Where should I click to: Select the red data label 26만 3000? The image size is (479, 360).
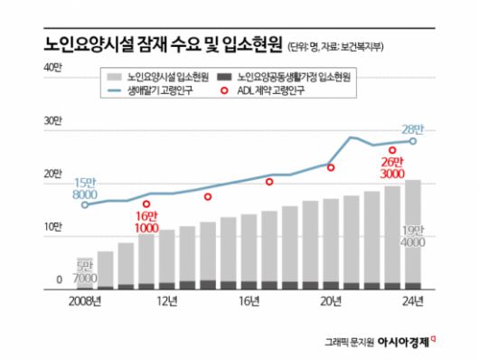pyautogui.click(x=390, y=166)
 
